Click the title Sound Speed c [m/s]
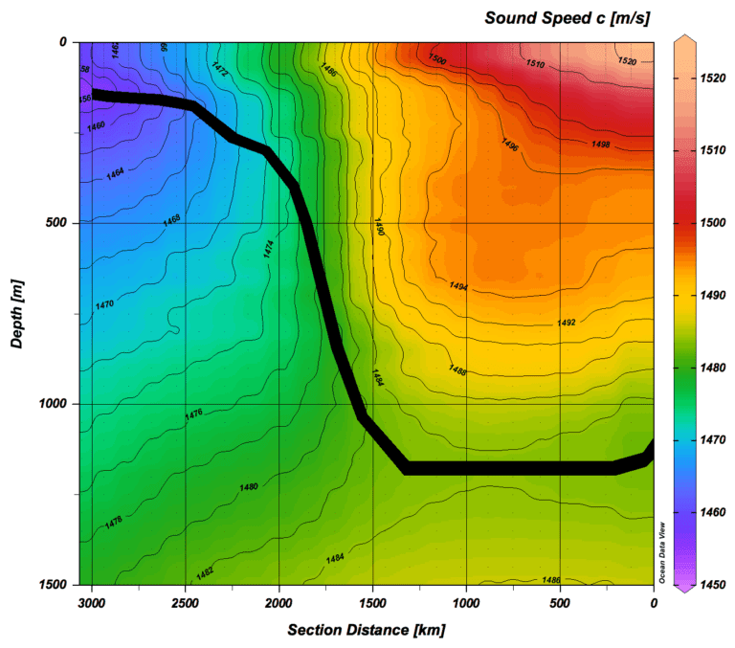(568, 17)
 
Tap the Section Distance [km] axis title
(367, 630)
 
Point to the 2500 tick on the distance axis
(185, 603)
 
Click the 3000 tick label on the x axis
(91, 603)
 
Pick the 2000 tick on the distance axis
(278, 603)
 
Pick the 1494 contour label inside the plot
(458, 285)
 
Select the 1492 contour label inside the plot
(566, 324)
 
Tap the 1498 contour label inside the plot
(600, 145)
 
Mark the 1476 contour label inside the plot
(193, 414)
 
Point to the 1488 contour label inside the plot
(457, 369)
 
